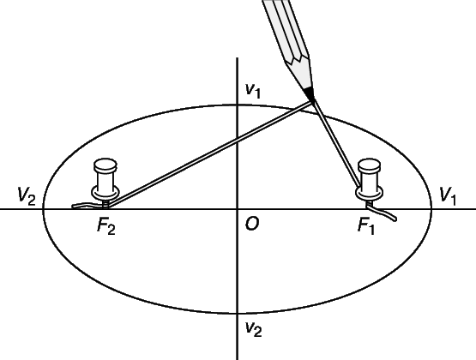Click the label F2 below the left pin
tap(106, 226)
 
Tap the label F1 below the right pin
tap(366, 226)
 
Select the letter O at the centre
tap(252, 225)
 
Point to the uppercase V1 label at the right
tap(448, 196)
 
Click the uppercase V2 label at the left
tap(27, 196)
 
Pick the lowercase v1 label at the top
tap(253, 90)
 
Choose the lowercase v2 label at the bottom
tap(254, 329)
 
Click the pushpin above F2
tap(105, 182)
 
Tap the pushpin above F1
tap(369, 182)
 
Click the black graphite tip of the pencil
tap(310, 93)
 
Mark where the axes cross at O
tap(237, 209)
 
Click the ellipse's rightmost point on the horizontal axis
tap(431, 209)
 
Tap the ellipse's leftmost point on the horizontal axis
tap(44, 209)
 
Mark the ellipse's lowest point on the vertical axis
tap(237, 313)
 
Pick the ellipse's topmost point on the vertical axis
tap(237, 105)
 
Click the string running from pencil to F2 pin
tap(210, 154)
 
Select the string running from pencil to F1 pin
tap(337, 144)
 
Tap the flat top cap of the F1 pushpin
tap(369, 164)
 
